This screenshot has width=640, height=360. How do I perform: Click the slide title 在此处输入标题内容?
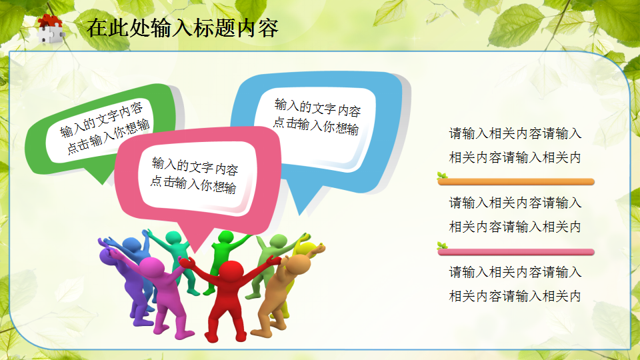[x=182, y=29]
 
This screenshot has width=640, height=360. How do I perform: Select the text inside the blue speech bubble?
[x=317, y=117]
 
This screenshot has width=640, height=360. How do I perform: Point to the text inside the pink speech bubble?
[x=194, y=175]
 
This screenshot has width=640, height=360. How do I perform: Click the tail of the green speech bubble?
[x=101, y=175]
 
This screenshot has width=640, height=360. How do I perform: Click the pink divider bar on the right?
[x=517, y=252]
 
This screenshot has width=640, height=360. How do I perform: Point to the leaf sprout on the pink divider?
[x=441, y=246]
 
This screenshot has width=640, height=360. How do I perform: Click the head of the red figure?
[x=231, y=272]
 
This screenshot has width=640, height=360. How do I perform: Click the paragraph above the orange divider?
[x=515, y=145]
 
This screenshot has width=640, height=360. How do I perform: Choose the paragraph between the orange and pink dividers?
[x=515, y=215]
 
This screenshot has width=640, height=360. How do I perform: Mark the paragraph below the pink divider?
[x=515, y=284]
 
